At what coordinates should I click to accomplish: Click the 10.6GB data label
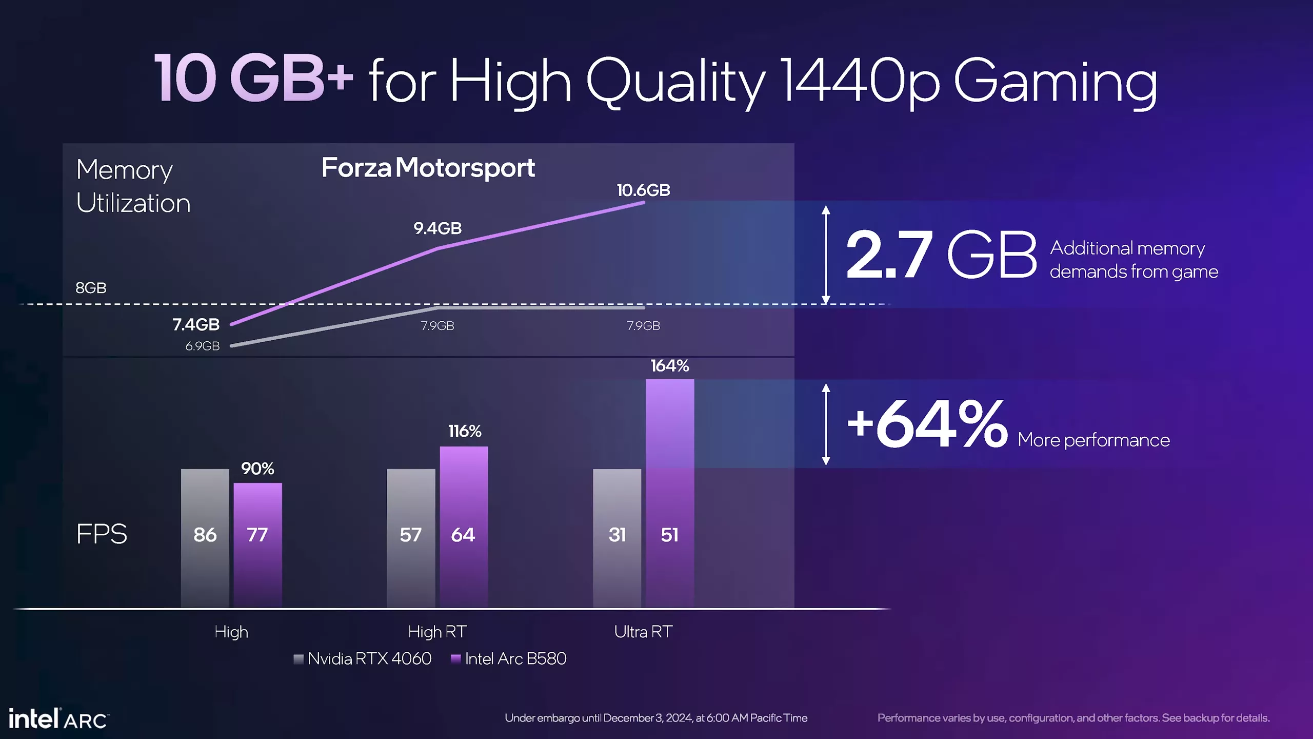pos(643,190)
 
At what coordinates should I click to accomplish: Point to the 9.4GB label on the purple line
pos(437,228)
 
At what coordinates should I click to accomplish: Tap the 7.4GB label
pos(196,324)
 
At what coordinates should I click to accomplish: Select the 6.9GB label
pos(202,346)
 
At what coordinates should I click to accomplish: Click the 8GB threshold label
pos(91,288)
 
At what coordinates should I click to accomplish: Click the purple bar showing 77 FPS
pos(257,544)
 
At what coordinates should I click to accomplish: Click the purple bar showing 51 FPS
pos(669,493)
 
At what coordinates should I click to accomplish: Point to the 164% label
pos(669,366)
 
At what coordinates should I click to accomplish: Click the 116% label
pos(465,431)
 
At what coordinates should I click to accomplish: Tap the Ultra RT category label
pos(643,632)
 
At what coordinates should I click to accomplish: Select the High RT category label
pos(437,632)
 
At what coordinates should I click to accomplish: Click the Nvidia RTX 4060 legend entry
pos(363,659)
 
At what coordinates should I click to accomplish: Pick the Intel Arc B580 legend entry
pos(509,659)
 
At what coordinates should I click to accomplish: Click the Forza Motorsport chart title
pos(428,168)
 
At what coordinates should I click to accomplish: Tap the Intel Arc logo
pos(58,719)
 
